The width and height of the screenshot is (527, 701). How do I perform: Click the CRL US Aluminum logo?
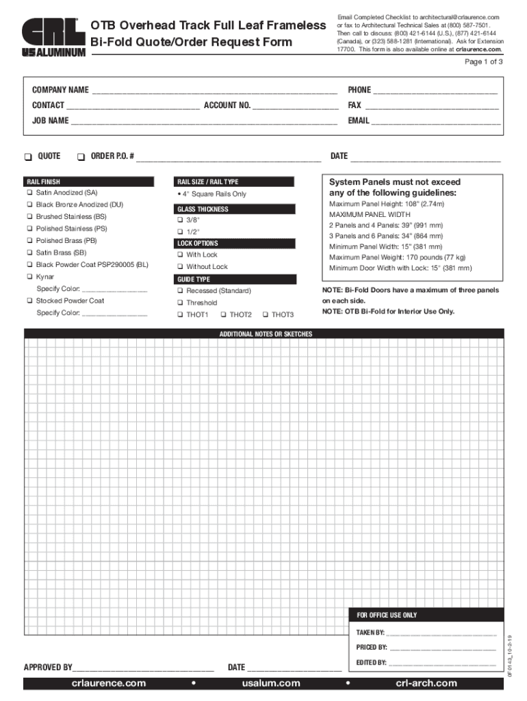[53, 38]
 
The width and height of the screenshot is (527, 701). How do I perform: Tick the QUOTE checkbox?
[28, 157]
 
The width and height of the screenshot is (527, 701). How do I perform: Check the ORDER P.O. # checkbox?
[81, 157]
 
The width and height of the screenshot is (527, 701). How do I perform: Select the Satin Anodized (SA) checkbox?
[29, 193]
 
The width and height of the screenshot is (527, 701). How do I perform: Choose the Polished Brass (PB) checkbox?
[29, 241]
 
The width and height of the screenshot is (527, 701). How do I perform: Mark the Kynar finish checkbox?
[29, 277]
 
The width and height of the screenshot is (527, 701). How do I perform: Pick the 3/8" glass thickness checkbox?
[180, 220]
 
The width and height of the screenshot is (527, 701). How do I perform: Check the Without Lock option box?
[180, 267]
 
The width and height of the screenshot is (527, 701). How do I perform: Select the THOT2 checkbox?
[223, 315]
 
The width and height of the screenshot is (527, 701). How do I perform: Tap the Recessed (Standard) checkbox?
[180, 291]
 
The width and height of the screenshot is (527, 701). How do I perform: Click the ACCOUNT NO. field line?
[295, 107]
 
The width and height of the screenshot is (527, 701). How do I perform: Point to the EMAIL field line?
[435, 122]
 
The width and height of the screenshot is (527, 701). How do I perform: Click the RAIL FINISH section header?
[92, 182]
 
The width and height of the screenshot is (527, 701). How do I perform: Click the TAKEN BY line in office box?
[442, 634]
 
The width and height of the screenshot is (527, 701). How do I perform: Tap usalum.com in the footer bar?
[271, 683]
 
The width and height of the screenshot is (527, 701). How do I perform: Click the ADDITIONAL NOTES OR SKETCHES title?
[266, 334]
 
